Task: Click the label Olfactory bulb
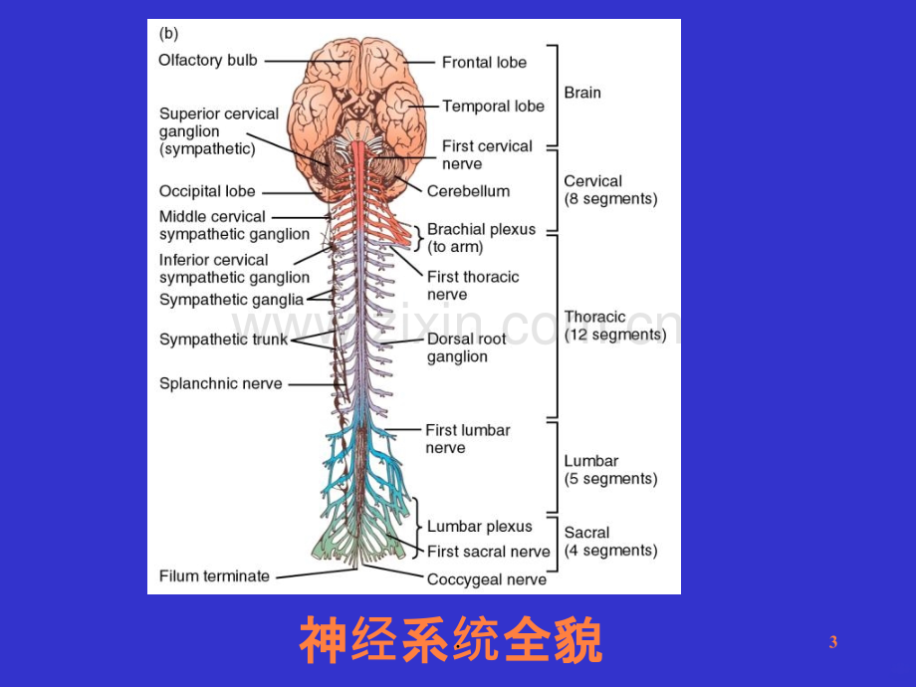point(208,60)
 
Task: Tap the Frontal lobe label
point(484,62)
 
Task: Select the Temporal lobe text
point(493,107)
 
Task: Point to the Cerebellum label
point(469,191)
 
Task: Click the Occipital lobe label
point(207,191)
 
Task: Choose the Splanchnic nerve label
point(221,383)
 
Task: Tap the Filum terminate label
point(214,576)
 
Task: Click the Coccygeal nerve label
point(487,579)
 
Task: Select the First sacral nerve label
point(489,552)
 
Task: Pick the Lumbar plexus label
point(480,527)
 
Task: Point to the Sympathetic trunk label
point(224,340)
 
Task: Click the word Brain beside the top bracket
point(582,93)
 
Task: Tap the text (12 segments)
point(615,335)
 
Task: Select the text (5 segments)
point(610,479)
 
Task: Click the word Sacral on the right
point(586,533)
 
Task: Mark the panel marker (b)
point(169,33)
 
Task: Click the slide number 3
point(833,642)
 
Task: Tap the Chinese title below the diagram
point(450,640)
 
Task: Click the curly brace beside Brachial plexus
point(419,238)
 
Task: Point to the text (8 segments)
point(610,199)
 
